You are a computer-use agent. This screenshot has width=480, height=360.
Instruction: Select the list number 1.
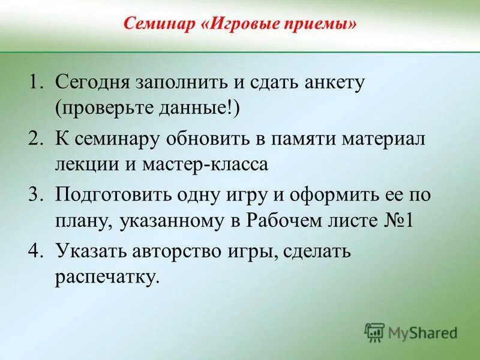37,82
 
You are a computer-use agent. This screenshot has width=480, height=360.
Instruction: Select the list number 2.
37,139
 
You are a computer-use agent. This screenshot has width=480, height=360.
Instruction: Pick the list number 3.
37,194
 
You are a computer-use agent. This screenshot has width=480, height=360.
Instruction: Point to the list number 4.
37,251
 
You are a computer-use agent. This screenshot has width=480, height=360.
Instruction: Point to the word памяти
308,139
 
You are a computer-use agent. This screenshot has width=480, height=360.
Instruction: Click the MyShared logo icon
375,332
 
